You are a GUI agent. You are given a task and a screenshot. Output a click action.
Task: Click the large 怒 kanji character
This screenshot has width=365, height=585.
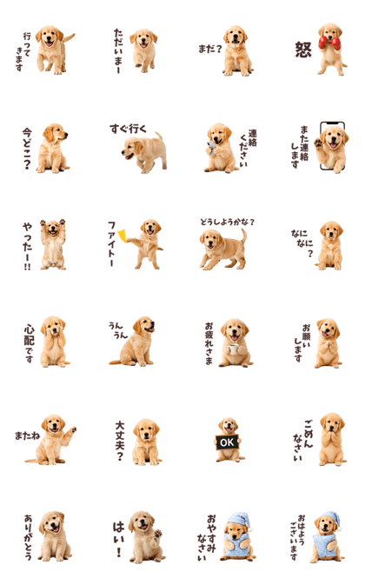pyautogui.click(x=303, y=50)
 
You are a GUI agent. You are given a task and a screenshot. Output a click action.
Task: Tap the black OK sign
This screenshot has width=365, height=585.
pyautogui.click(x=227, y=442)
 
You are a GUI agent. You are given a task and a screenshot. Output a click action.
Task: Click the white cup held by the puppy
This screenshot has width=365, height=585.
pyautogui.click(x=233, y=349)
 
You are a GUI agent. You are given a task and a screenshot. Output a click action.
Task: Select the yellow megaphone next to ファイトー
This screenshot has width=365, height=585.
pyautogui.click(x=123, y=236)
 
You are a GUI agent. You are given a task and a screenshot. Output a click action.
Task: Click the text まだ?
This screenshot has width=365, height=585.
pyautogui.click(x=210, y=49)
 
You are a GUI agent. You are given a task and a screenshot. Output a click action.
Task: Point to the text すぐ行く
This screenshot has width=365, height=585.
pyautogui.click(x=128, y=129)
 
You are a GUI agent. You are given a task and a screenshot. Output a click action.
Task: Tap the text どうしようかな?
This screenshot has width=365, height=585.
pyautogui.click(x=227, y=222)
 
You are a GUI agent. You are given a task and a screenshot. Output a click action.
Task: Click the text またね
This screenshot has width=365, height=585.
pyautogui.click(x=27, y=435)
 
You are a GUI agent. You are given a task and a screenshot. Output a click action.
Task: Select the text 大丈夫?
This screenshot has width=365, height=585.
pyautogui.click(x=120, y=441)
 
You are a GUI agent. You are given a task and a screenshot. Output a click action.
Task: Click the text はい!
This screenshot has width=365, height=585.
pyautogui.click(x=118, y=539)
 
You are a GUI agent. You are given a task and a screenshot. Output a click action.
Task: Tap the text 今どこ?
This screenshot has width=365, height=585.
pyautogui.click(x=27, y=149)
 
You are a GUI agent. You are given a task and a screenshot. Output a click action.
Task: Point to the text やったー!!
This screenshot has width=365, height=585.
pyautogui.click(x=27, y=246)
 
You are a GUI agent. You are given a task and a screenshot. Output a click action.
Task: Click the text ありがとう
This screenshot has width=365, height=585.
pyautogui.click(x=28, y=537)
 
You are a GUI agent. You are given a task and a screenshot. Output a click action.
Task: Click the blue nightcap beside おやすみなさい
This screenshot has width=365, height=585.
pyautogui.click(x=239, y=520)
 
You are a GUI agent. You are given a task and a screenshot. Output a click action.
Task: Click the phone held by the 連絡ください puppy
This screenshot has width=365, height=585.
pyautogui.click(x=211, y=148)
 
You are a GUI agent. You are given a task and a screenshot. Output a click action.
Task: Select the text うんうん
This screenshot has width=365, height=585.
pyautogui.click(x=118, y=330)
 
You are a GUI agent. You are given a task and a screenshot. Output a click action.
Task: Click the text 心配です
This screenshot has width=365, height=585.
pyautogui.click(x=29, y=343)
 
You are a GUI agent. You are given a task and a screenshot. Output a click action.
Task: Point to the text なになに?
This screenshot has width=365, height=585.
pyautogui.click(x=302, y=243)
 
